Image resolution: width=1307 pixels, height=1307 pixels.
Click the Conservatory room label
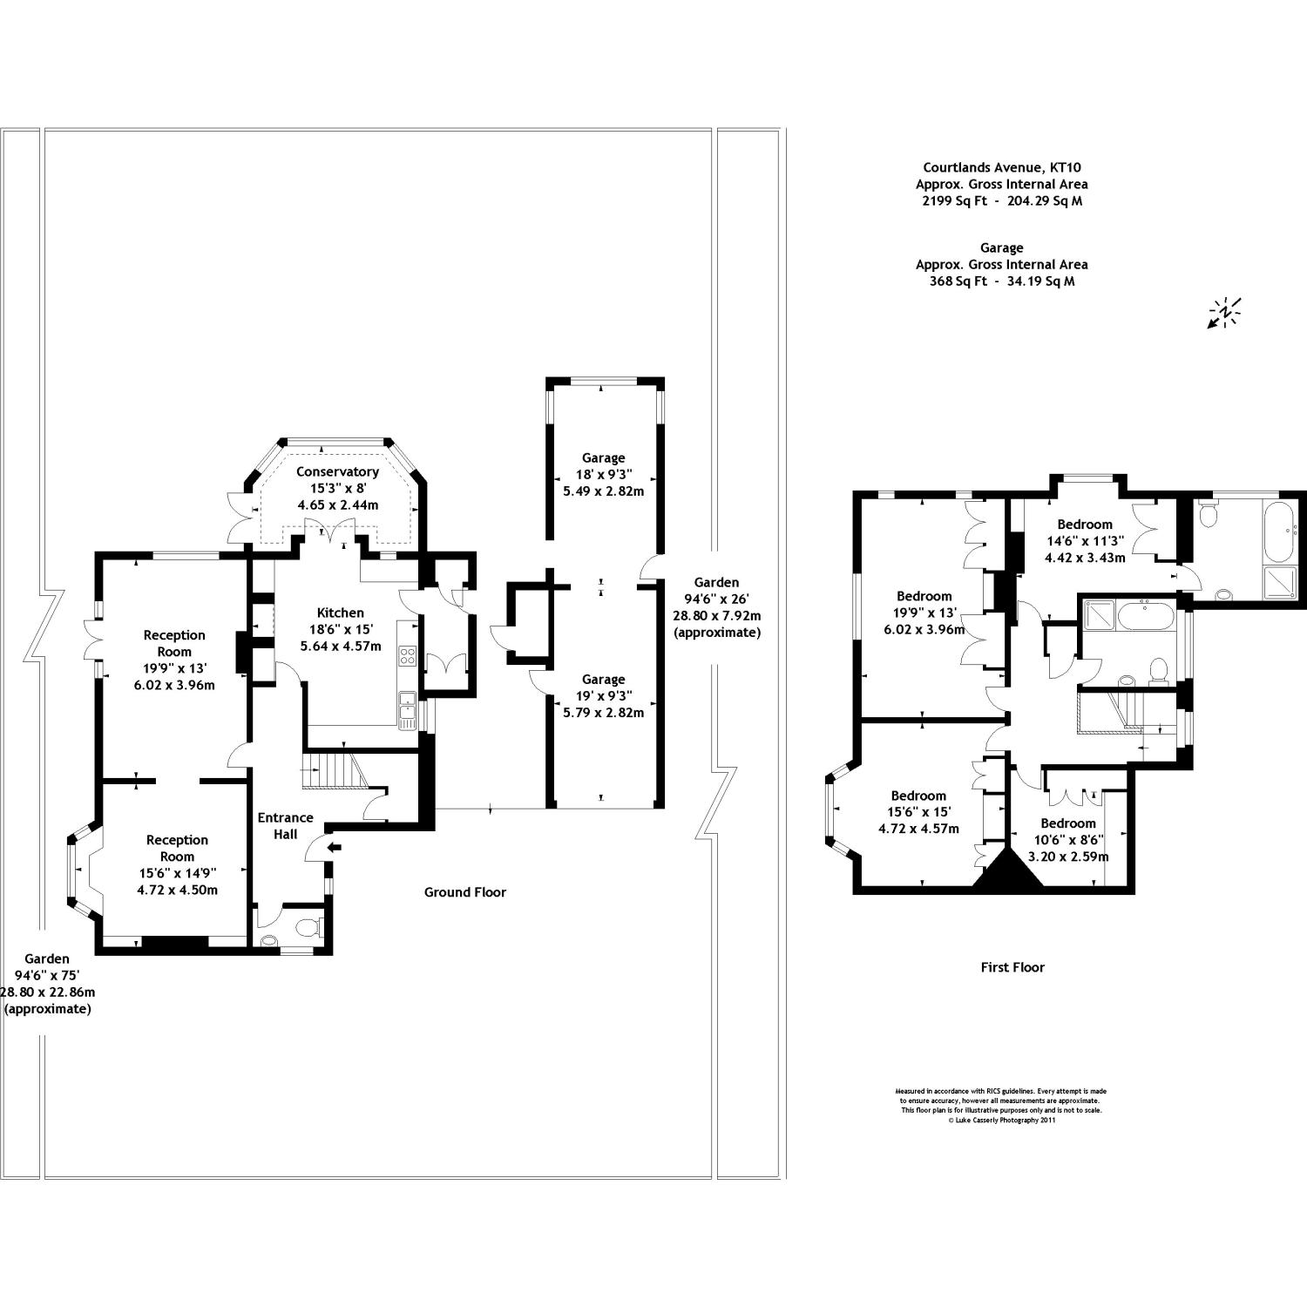point(337,471)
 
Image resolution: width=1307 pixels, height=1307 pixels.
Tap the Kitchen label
point(340,613)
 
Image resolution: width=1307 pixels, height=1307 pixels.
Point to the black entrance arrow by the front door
point(335,846)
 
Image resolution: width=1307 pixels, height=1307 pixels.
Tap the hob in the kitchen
point(407,655)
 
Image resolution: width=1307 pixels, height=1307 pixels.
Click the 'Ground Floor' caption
point(464,891)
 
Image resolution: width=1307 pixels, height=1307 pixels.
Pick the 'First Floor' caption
point(1012,966)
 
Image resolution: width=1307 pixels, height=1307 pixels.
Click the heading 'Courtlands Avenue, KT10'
point(1001,167)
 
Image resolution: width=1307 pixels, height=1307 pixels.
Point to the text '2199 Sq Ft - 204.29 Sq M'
point(1001,200)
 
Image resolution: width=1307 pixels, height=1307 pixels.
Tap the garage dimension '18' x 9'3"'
point(603,474)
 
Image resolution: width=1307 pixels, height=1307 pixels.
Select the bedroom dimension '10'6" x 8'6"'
point(1067,840)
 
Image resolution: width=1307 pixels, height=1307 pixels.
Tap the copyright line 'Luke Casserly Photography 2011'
point(1001,1121)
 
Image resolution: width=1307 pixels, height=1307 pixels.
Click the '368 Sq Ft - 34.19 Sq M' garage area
point(1001,281)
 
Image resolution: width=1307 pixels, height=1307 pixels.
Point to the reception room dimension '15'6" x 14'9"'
point(177,873)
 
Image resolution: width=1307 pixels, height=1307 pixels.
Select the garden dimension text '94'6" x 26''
point(716,599)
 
